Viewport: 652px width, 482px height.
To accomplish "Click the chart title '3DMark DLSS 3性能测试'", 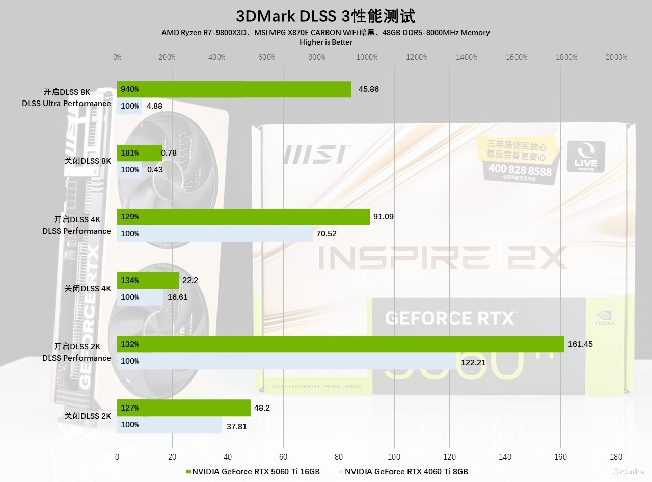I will pos(325,16).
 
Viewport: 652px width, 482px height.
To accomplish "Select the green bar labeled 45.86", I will pos(234,89).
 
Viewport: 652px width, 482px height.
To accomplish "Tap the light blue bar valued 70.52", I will pos(214,234).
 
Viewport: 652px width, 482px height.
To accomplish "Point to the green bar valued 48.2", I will pos(183,408).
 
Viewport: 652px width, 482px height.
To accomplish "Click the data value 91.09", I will pos(383,217).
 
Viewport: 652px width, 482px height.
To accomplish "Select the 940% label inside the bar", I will pos(130,89).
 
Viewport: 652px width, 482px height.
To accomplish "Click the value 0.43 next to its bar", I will pos(155,170).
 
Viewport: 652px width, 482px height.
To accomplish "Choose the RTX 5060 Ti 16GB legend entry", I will pos(253,471).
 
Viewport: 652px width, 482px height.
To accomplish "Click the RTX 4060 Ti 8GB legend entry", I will pos(403,471).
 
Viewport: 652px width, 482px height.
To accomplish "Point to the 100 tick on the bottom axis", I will pos(394,457).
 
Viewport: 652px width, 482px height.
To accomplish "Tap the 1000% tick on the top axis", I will pos(367,57).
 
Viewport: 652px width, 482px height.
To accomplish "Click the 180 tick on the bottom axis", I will pos(616,457).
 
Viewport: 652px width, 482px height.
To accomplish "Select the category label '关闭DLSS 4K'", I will pos(87,289).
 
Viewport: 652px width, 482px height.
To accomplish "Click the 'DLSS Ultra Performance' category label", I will pos(66,104).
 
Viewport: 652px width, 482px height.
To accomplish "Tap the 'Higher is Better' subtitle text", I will pos(325,42).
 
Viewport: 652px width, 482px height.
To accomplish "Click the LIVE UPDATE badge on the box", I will pos(586,157).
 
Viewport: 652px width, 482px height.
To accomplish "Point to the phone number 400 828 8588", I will pos(520,170).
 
